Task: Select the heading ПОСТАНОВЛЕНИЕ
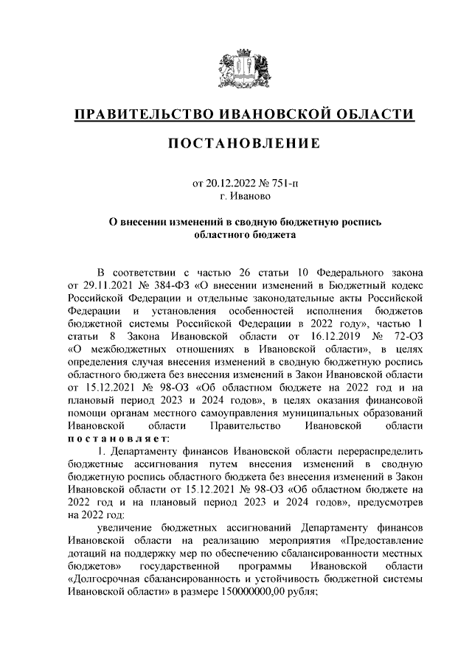click(x=236, y=144)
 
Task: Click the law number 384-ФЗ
click(x=159, y=284)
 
